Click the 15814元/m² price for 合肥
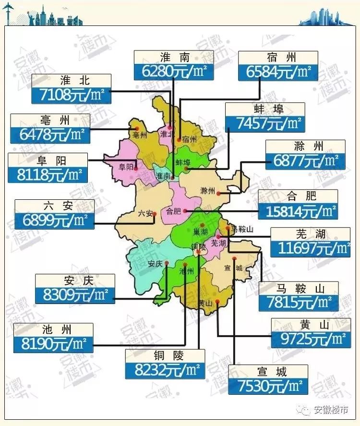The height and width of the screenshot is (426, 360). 298,210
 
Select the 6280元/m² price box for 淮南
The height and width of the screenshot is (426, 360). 173,72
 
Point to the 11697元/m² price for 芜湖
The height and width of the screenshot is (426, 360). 310,248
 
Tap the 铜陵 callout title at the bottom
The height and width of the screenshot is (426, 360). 165,355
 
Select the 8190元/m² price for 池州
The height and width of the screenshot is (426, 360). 53,343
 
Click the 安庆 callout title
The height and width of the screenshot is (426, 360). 75,280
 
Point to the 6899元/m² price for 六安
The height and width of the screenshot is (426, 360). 55,220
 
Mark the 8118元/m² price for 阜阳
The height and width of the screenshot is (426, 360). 48,174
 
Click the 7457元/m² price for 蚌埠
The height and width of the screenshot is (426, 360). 265,123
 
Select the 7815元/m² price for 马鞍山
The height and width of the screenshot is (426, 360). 298,303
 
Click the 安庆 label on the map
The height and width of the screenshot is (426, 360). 155,264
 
